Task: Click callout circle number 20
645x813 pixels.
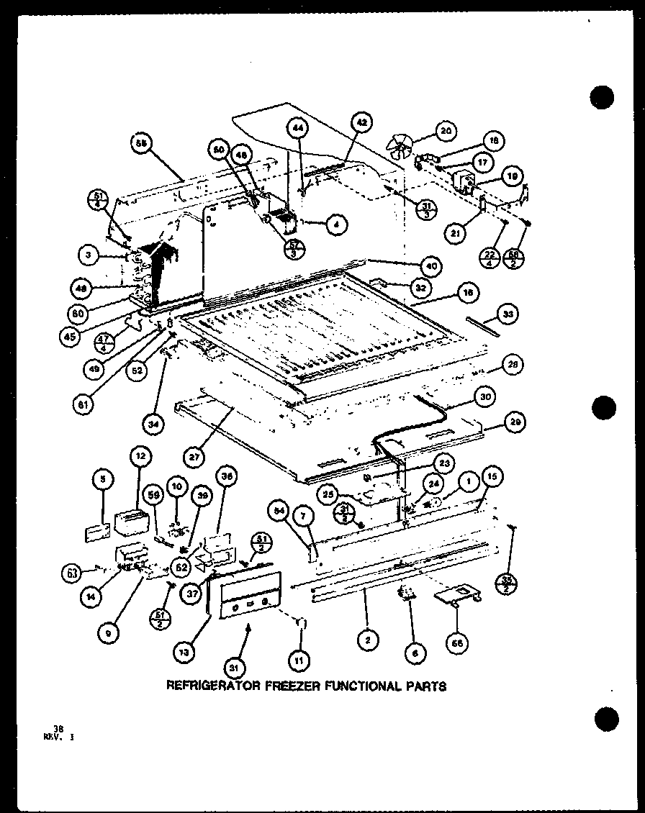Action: pos(446,131)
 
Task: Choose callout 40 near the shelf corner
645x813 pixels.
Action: pos(431,265)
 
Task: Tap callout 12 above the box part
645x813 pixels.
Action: pos(138,455)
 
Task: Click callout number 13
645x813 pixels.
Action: pos(185,652)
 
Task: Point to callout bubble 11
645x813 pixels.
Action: pos(297,658)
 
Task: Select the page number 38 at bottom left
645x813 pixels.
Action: pos(48,728)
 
